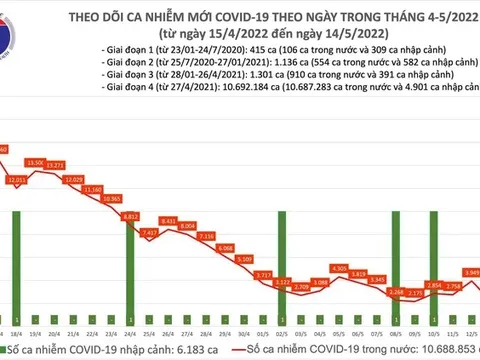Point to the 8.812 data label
[130, 215]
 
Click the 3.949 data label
[471, 271]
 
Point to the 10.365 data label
[111, 199]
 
